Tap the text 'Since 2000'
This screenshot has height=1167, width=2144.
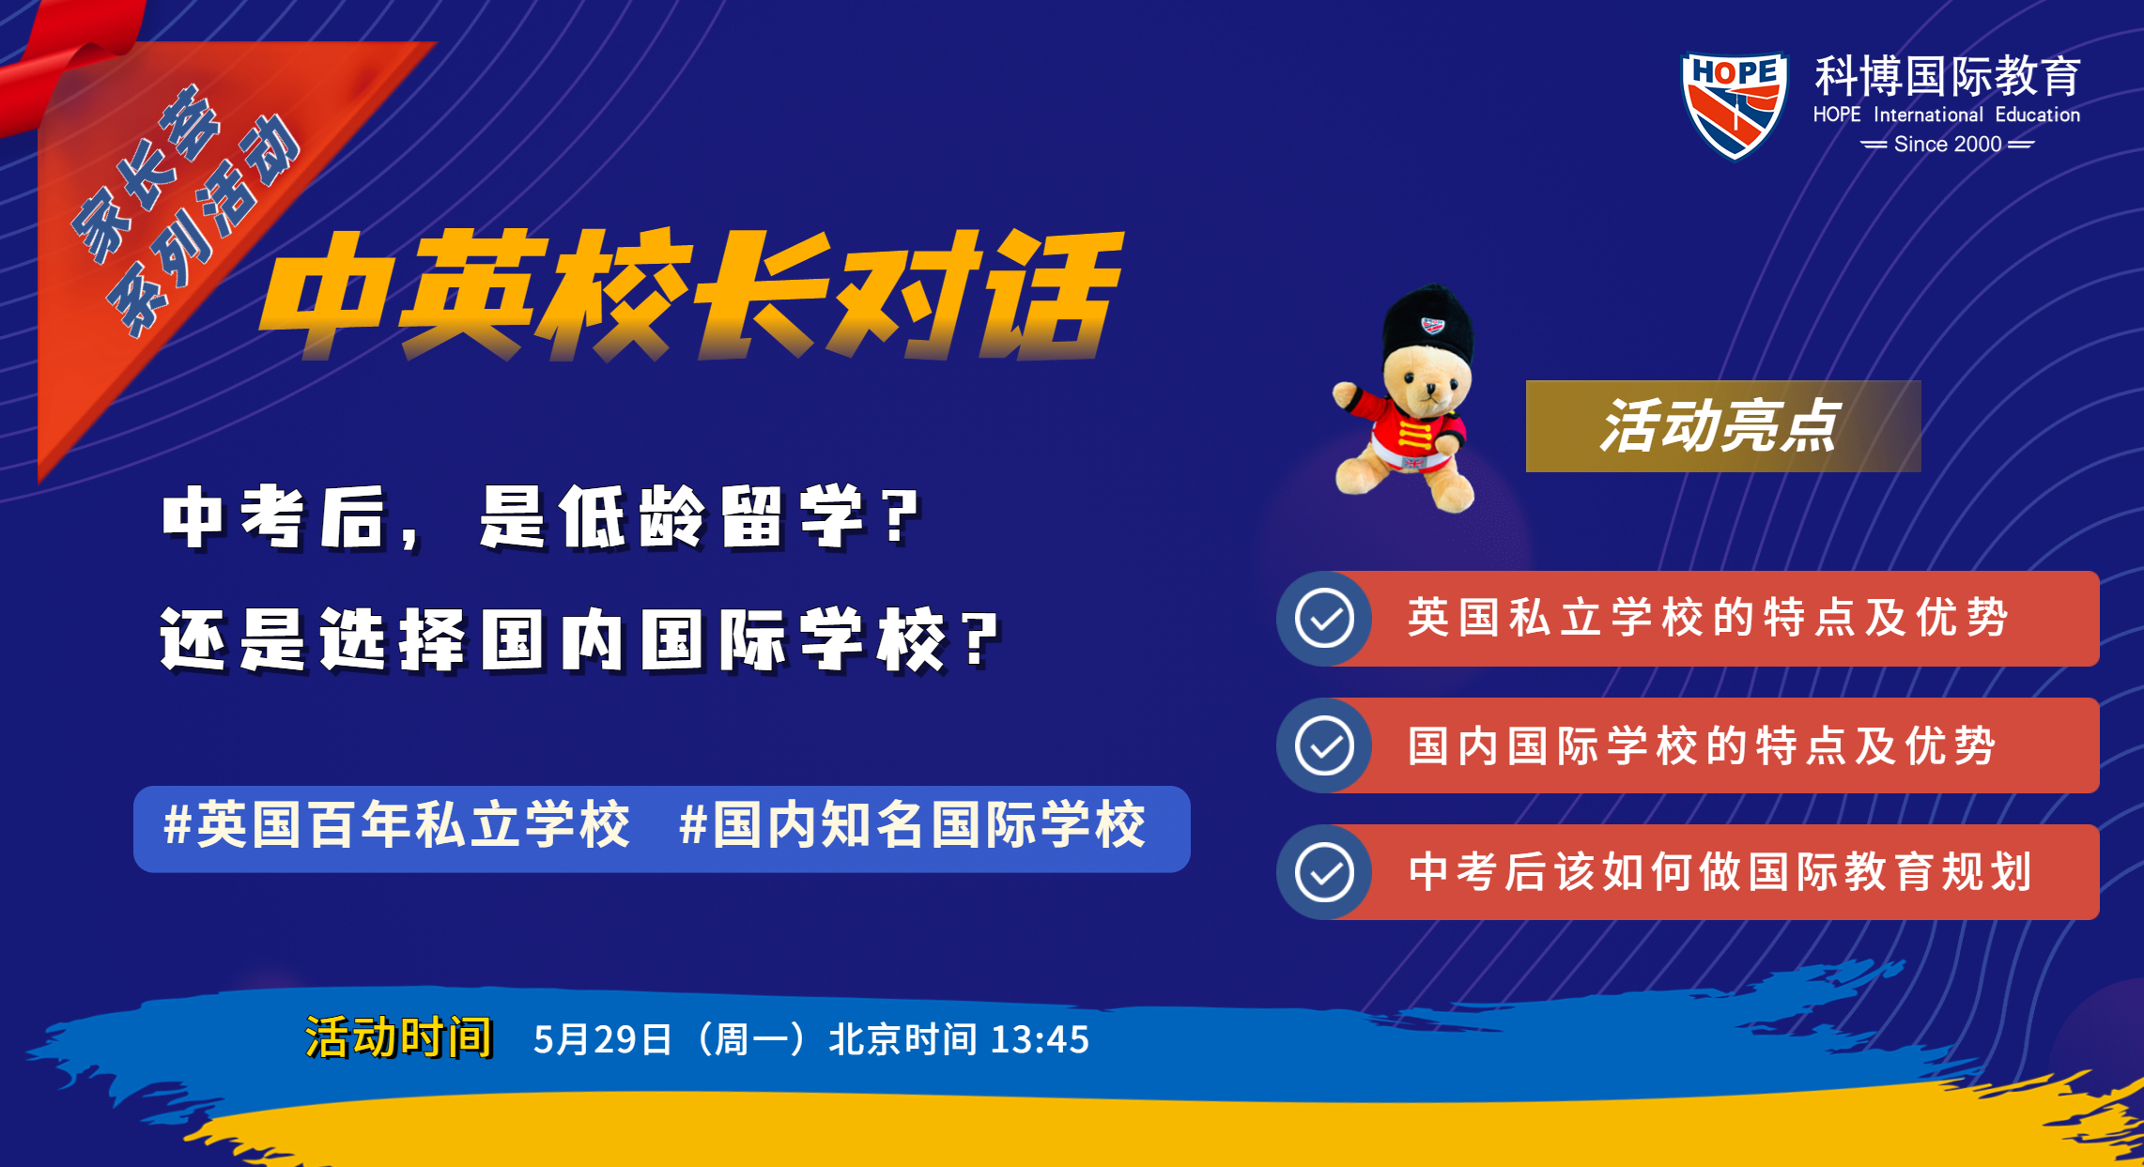click(x=1948, y=144)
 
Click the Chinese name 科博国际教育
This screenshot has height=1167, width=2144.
click(x=1947, y=76)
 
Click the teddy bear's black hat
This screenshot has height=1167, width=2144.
click(x=1427, y=323)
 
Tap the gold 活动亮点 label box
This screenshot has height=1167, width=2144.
click(x=1723, y=426)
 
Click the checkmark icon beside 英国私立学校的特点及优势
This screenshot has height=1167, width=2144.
click(x=1324, y=619)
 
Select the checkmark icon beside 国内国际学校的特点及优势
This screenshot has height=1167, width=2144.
click(x=1324, y=746)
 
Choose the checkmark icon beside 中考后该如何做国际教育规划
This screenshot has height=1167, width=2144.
click(x=1324, y=872)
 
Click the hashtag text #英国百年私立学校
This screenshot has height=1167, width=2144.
click(x=396, y=825)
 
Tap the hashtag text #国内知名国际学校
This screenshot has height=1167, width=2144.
click(x=912, y=825)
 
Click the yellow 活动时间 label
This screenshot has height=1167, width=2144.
click(x=398, y=1037)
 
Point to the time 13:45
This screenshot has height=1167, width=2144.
click(x=1040, y=1039)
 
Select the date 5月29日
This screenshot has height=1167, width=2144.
click(x=603, y=1039)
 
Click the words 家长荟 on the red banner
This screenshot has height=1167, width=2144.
click(x=146, y=173)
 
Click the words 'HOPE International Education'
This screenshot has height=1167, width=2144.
click(x=1947, y=115)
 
